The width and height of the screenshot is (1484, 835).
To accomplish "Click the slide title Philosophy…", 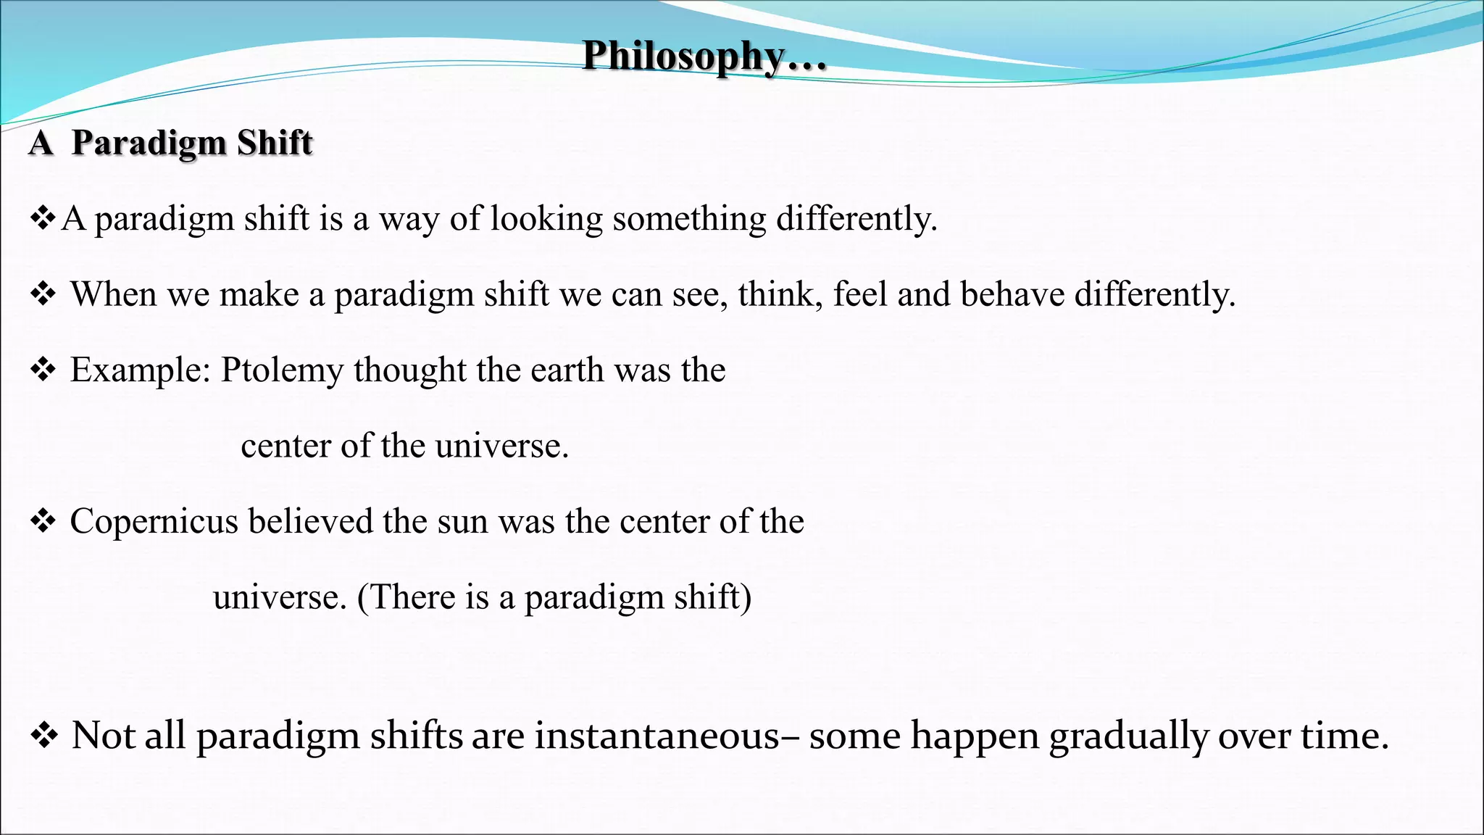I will click(x=704, y=56).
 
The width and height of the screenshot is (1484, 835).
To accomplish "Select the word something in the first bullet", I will click(x=689, y=219).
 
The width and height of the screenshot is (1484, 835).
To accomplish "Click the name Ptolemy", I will click(x=283, y=371).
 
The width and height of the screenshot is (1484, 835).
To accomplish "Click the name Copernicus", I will click(x=154, y=522).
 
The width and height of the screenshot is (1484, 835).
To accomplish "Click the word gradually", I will click(x=1128, y=736).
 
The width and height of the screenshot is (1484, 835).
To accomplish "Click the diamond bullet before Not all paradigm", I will click(x=44, y=736).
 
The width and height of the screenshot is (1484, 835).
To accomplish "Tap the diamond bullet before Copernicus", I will click(x=43, y=522).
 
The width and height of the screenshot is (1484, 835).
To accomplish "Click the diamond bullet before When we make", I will click(x=43, y=295).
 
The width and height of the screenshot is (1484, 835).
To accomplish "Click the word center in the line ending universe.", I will click(x=285, y=446).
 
